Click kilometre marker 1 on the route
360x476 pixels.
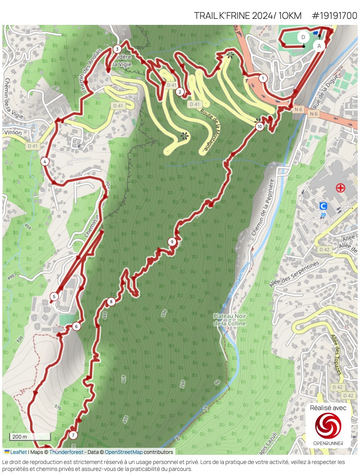point(263,78)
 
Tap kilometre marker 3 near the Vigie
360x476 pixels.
point(117,49)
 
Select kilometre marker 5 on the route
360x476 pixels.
point(54,296)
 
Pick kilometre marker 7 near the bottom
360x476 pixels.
point(73,435)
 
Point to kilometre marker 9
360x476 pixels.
point(172,241)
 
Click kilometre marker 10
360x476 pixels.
point(260,126)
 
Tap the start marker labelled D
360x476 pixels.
point(303,37)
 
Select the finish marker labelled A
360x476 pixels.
point(319,46)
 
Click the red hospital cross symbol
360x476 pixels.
point(340,188)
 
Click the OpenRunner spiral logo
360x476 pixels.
point(328,426)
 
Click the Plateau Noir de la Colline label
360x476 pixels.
point(229,320)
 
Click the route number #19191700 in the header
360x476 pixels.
point(334,16)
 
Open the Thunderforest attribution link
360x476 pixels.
point(66,452)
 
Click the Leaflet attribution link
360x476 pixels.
point(18,452)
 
